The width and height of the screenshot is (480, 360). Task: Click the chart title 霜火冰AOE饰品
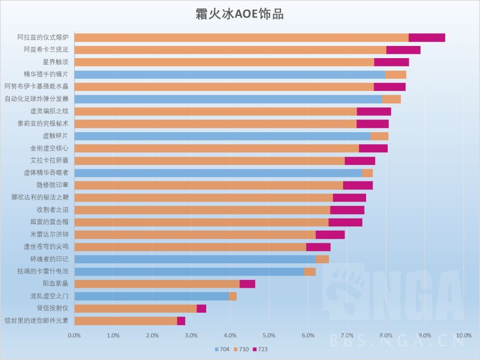[x=240, y=14]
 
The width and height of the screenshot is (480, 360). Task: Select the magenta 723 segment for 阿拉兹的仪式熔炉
[x=427, y=38]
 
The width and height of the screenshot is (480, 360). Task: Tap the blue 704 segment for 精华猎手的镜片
[x=230, y=75]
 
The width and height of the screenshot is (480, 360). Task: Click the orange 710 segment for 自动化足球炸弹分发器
[x=391, y=99]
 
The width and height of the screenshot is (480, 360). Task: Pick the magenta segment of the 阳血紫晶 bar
[x=247, y=284]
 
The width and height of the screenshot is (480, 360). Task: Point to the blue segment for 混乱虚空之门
[x=151, y=296]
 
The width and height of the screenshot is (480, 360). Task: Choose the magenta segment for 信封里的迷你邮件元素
[x=181, y=321]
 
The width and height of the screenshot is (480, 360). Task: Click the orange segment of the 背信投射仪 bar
[x=135, y=308]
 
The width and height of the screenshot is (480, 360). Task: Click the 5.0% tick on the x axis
[x=269, y=336]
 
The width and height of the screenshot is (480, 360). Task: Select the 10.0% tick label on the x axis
[x=463, y=336]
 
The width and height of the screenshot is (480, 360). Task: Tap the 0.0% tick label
[x=75, y=336]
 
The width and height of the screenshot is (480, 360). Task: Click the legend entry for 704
[x=222, y=349]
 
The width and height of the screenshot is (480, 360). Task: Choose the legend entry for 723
[x=260, y=349]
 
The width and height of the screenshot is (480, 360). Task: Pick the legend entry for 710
[x=241, y=349]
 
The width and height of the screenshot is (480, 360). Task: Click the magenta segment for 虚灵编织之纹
[x=374, y=112]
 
